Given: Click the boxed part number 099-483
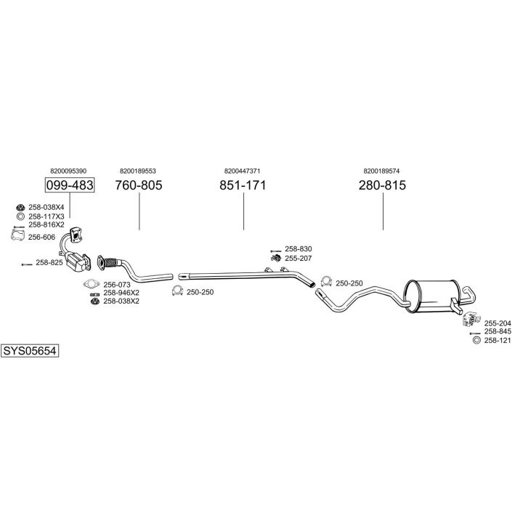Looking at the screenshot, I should pos(70,185).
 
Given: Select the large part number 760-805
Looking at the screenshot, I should pos(138,185).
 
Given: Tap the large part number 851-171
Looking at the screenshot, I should pos(243,185).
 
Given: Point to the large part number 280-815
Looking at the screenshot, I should pos(381,185).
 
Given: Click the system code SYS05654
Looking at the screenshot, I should pos(29,350).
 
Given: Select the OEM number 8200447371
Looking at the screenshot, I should pos(243,171).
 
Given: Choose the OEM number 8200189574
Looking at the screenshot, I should pos(381,171).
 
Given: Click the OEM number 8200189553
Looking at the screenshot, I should pos(138,171).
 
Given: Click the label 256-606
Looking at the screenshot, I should pos(41,237).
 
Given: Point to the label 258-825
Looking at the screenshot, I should pos(49,262).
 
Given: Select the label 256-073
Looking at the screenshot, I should pos(116,285).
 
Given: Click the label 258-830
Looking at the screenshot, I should pos(298,248).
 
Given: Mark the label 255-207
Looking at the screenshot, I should pos(298,258).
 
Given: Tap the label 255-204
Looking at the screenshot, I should pos(498,323).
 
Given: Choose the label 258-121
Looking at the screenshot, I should pos(498,340).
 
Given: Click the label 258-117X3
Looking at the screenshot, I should pos(46,216).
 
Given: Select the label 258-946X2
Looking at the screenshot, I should pos(121,293).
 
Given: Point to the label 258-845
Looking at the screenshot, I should pos(498,332).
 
